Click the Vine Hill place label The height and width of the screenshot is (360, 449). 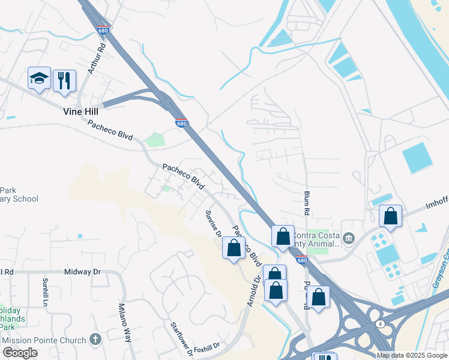(80, 111)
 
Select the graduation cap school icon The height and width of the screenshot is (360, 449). (39, 78)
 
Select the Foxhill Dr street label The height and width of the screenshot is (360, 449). (207, 346)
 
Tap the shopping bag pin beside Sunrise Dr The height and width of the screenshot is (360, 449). (234, 247)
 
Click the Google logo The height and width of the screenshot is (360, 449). (20, 353)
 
